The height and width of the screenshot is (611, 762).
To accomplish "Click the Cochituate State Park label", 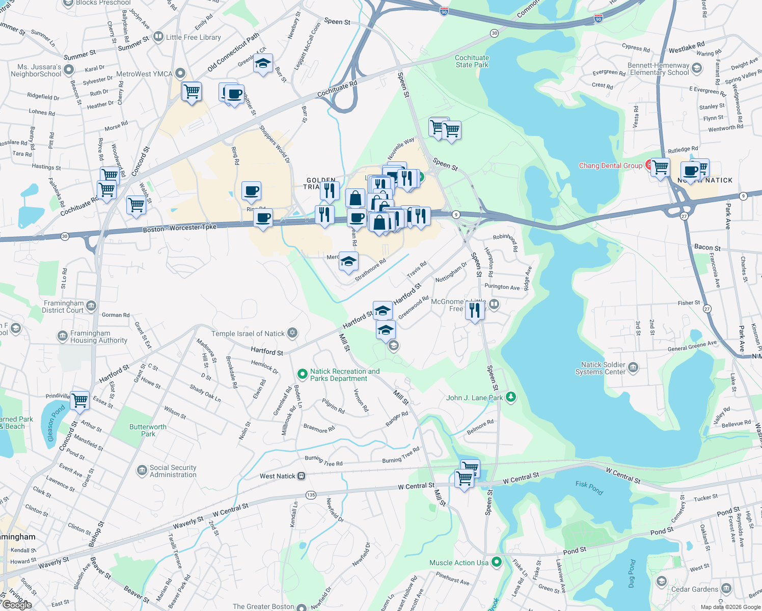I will click(x=472, y=62).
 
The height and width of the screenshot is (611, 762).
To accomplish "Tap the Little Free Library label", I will click(x=193, y=37).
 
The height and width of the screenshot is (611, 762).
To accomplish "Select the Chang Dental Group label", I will click(x=610, y=165).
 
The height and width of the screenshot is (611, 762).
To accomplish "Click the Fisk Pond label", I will click(x=589, y=487).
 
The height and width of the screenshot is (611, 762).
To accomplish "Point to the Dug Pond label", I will click(x=632, y=574).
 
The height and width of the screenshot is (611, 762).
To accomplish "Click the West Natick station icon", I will click(x=302, y=476).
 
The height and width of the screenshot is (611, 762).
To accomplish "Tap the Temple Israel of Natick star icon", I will click(x=292, y=334).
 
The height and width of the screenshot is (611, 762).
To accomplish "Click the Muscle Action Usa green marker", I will click(x=497, y=562).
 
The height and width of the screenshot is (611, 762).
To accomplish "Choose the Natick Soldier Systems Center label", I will click(x=603, y=368).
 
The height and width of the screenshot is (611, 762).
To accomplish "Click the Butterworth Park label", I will click(x=148, y=430).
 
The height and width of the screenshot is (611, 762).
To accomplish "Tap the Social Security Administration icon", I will click(x=142, y=470).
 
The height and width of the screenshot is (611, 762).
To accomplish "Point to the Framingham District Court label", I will click(x=63, y=307).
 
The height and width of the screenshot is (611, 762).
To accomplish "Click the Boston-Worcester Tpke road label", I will click(x=179, y=228).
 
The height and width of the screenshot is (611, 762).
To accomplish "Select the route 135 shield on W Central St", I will click(x=311, y=495).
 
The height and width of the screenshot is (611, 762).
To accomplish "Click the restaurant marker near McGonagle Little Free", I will click(x=475, y=310).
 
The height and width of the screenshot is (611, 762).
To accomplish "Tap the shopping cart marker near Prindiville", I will click(x=80, y=400).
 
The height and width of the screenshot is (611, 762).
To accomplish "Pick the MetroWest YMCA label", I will click(x=144, y=74).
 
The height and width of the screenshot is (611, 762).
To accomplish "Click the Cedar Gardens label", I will click(x=694, y=589).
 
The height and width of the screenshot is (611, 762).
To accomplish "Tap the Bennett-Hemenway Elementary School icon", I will click(x=697, y=68).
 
